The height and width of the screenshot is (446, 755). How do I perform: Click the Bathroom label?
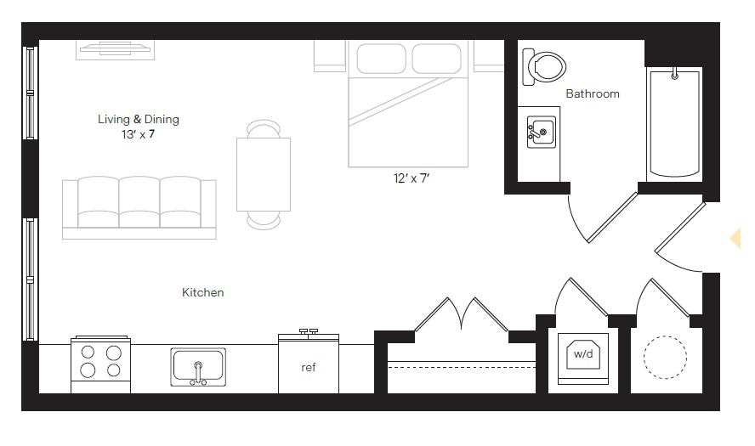[x=593, y=93]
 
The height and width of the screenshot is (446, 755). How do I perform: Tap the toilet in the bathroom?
[x=544, y=67]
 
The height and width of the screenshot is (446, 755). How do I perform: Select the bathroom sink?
[x=540, y=133]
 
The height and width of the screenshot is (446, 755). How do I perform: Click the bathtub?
[x=674, y=124]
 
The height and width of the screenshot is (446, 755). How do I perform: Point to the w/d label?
[x=582, y=353]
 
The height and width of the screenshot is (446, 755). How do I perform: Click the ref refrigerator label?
[x=309, y=368]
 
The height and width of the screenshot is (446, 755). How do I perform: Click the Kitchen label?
[x=203, y=292]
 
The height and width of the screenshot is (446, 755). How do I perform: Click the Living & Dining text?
[x=139, y=120]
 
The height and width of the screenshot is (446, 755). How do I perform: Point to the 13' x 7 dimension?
[x=139, y=134]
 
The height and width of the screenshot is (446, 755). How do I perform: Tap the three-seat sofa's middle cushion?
[x=139, y=201]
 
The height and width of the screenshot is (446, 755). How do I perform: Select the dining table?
[x=264, y=174]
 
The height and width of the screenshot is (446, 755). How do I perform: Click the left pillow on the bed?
[x=380, y=59]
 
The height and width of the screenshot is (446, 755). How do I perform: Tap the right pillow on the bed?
[x=435, y=59]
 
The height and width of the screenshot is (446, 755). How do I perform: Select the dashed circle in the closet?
[x=664, y=358]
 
